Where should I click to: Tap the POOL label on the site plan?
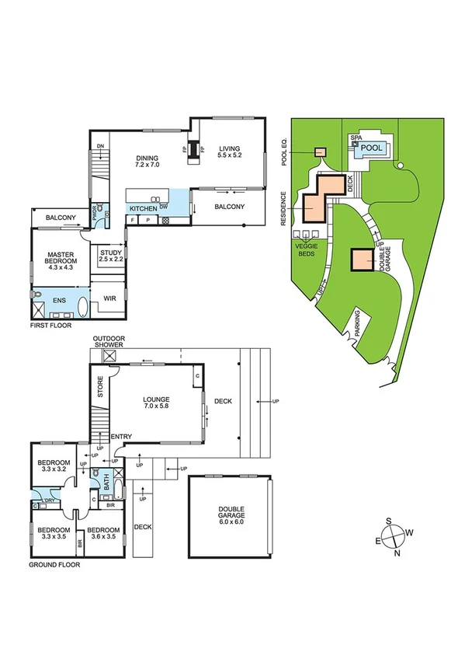point(372,146)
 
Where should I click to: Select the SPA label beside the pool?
point(356,138)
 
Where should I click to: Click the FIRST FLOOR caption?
point(50,326)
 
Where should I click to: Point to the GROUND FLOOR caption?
point(54,565)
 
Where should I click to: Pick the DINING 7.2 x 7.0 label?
point(147,160)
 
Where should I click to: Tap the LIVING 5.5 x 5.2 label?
point(229,152)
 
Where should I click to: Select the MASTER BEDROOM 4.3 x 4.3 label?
point(60,261)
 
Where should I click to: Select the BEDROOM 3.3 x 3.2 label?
point(54,467)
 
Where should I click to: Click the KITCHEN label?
point(143,208)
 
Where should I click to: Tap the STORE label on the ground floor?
point(99,388)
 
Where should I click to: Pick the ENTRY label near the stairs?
point(122,437)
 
